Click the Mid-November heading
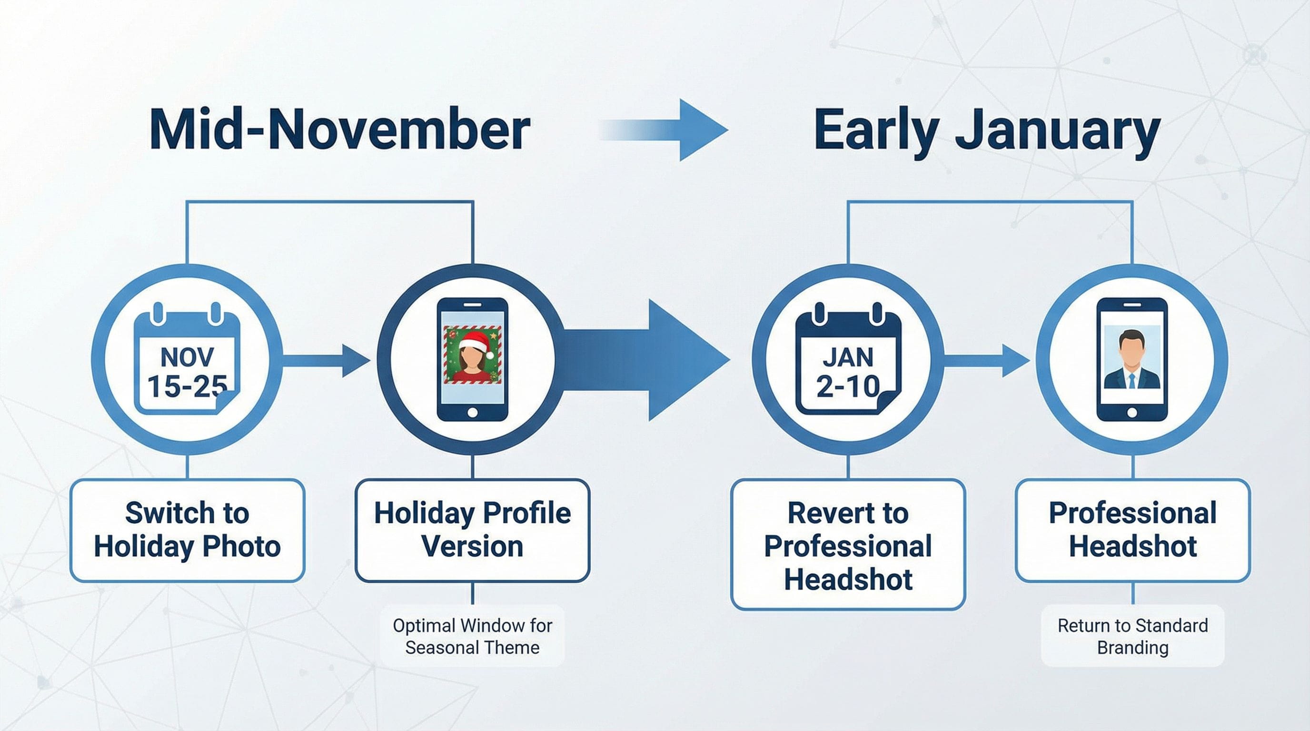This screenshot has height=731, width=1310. click(x=339, y=129)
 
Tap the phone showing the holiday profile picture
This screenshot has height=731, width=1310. click(x=472, y=359)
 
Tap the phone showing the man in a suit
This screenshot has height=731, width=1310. click(x=1132, y=359)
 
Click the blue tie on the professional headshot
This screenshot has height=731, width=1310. click(x=1132, y=381)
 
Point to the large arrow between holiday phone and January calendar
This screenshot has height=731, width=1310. click(x=656, y=360)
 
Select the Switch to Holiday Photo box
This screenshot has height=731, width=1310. click(x=187, y=530)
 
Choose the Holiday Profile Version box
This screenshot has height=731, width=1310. click(x=472, y=530)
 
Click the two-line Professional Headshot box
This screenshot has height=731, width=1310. click(x=1132, y=530)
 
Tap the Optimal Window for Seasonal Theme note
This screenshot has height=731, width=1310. click(x=472, y=636)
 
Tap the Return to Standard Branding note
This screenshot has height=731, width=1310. click(x=1132, y=636)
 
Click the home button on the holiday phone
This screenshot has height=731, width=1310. click(x=472, y=412)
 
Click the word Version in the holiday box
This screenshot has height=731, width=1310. click(x=472, y=546)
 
